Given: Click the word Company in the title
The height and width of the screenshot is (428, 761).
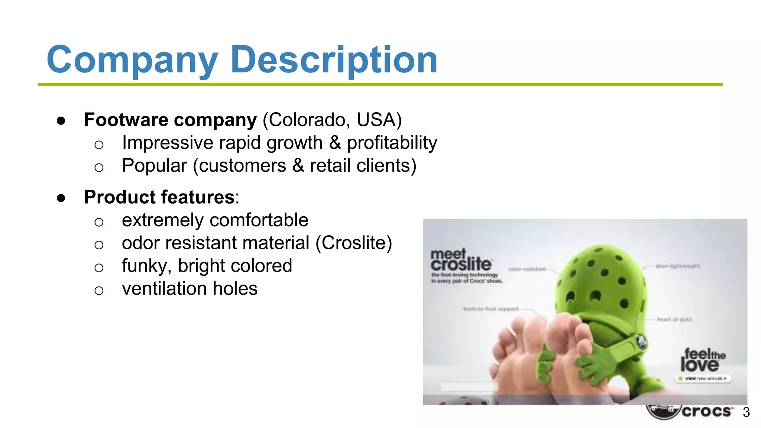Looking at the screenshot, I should pyautogui.click(x=132, y=59).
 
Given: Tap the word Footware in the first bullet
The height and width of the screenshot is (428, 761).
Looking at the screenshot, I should pyautogui.click(x=126, y=120).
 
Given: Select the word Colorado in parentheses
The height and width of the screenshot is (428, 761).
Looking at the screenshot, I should pyautogui.click(x=308, y=120).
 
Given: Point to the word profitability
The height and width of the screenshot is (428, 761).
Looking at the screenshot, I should pyautogui.click(x=392, y=143).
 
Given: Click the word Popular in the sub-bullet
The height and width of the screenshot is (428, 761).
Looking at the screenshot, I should pyautogui.click(x=154, y=165).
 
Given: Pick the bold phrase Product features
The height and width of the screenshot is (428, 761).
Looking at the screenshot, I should pyautogui.click(x=159, y=197).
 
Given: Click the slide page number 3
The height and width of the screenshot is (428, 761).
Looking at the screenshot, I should pyautogui.click(x=746, y=412).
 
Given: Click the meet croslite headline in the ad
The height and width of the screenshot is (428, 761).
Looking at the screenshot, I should pyautogui.click(x=461, y=260).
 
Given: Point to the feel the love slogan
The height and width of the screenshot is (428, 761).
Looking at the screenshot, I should pyautogui.click(x=702, y=360).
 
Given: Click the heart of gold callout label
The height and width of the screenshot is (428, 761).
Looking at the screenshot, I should pyautogui.click(x=674, y=319).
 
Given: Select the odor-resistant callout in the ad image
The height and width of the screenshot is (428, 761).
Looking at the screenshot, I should pyautogui.click(x=527, y=269).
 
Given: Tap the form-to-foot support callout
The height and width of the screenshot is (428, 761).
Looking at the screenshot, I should pyautogui.click(x=490, y=309).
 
